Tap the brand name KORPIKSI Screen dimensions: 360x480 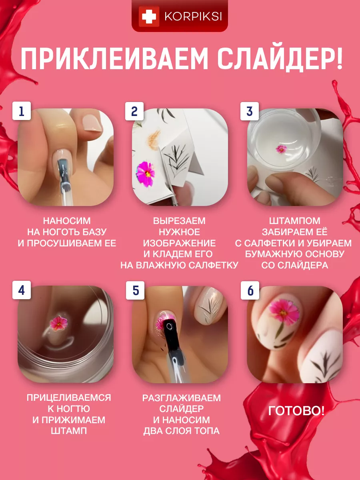[193, 17]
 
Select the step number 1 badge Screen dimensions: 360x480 [22, 111]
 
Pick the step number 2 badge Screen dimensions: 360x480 [134, 111]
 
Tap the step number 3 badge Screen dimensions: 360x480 [249, 111]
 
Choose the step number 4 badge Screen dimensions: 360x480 [22, 290]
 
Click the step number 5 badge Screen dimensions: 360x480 [135, 290]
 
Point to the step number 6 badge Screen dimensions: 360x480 [250, 290]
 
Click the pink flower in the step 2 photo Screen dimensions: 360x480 [145, 174]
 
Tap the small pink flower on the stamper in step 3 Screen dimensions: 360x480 [281, 149]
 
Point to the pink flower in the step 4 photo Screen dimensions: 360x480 [58, 323]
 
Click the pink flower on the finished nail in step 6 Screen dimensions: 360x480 [284, 311]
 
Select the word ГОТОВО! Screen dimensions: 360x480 [296, 411]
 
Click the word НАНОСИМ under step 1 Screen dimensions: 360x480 [67, 221]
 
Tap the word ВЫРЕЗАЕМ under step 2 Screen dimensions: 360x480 [179, 221]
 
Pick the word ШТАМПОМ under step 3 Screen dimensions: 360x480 [295, 221]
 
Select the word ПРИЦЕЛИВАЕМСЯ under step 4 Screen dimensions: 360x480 [69, 398]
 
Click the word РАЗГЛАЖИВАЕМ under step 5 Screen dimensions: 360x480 [182, 398]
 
